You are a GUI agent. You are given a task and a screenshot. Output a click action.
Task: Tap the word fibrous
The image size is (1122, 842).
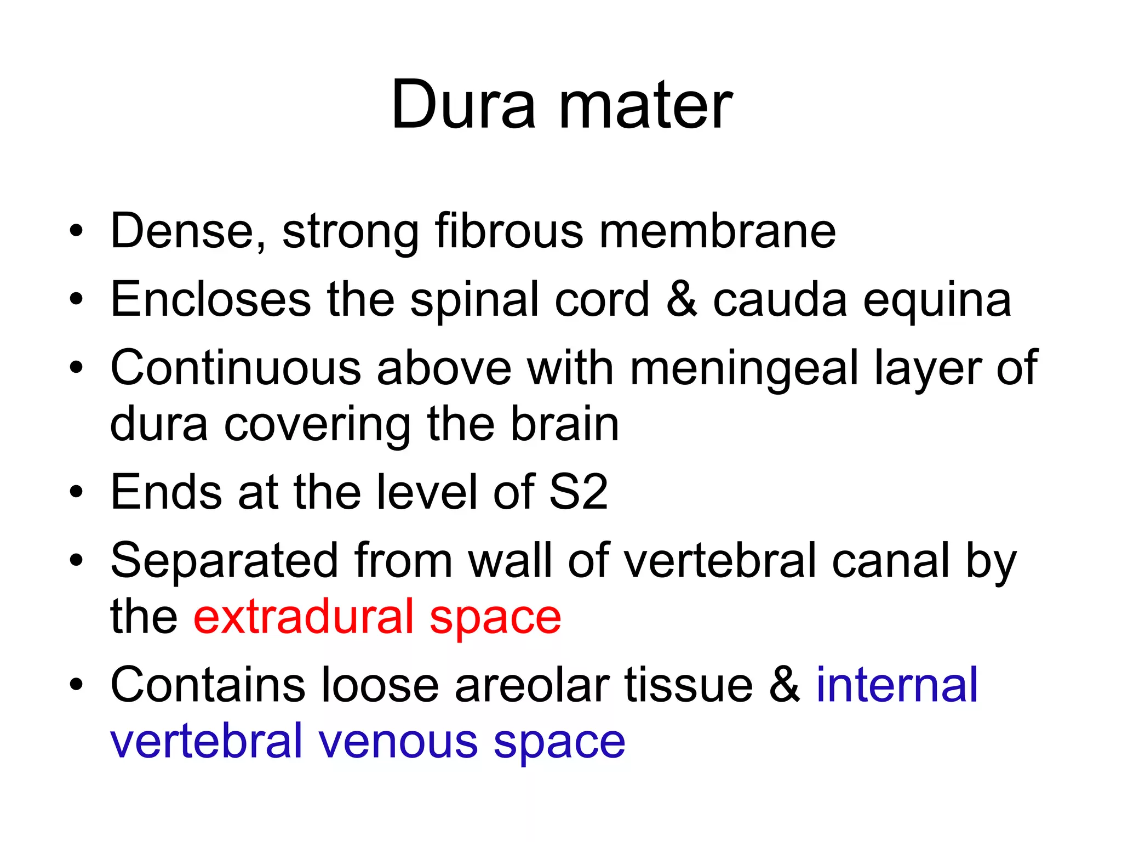[x=509, y=231]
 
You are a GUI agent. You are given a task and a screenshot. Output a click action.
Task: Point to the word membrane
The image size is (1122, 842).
[x=718, y=231]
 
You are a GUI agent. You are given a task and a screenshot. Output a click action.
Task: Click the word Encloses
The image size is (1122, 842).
[x=211, y=300]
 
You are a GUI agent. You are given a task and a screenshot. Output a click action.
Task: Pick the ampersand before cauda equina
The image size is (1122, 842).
[x=682, y=300]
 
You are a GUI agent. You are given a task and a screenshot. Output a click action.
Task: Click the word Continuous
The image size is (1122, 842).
[x=236, y=368]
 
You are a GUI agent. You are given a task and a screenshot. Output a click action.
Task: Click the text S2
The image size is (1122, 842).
[x=578, y=492]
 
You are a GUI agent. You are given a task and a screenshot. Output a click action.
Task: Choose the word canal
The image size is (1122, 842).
[x=890, y=560]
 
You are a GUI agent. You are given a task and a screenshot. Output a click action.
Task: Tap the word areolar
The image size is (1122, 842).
[x=531, y=685]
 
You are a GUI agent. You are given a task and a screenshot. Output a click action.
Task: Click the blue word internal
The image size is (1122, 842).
[x=897, y=685]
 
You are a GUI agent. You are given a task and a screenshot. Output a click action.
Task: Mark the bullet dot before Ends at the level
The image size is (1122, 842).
[x=76, y=492]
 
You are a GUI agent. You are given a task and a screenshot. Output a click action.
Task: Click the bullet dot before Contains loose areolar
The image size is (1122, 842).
[x=76, y=685]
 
